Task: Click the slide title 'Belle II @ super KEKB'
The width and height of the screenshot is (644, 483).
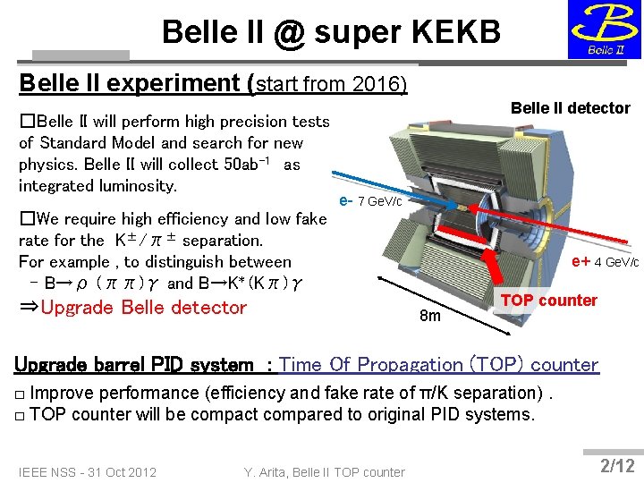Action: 330,32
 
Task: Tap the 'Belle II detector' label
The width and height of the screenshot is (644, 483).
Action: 570,108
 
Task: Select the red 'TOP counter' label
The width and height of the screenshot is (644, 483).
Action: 548,301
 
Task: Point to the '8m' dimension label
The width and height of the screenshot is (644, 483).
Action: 430,317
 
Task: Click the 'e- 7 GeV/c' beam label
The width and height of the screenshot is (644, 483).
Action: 372,200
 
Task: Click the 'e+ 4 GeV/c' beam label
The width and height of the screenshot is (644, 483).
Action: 605,262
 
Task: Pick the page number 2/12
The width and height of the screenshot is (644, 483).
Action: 617,465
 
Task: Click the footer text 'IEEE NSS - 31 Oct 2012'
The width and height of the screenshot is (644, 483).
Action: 88,472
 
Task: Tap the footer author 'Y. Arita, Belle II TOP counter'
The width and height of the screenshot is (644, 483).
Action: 324,472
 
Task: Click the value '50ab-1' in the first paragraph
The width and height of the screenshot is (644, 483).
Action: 250,165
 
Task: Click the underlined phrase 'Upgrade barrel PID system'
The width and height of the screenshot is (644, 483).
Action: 134,365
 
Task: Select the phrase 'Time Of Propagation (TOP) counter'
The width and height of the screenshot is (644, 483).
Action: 438,365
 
